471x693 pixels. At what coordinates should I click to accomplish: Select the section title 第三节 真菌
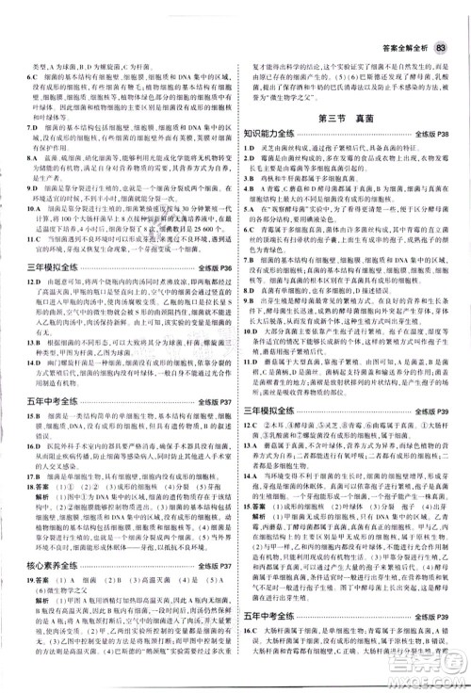[349, 120]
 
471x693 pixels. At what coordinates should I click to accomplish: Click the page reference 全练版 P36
[214, 269]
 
